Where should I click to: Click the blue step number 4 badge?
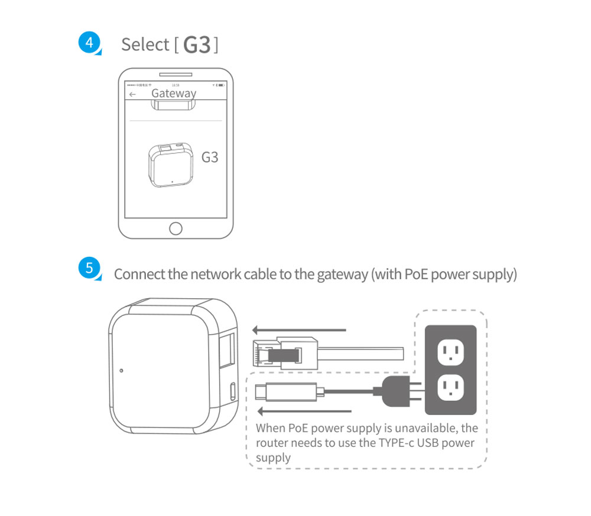[89, 43]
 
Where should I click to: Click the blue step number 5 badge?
[89, 268]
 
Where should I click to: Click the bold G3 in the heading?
[197, 45]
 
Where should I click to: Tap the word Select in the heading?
[145, 44]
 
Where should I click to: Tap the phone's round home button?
[176, 228]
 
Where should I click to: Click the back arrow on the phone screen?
[133, 94]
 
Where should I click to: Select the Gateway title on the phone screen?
[173, 93]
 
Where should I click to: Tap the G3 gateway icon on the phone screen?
[170, 164]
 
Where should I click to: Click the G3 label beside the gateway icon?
[210, 158]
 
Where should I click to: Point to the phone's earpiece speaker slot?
[176, 75]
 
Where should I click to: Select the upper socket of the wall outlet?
[450, 353]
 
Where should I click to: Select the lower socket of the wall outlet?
[450, 388]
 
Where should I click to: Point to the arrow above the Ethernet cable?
[298, 330]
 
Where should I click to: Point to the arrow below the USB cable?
[305, 411]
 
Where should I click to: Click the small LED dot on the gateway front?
[121, 371]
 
